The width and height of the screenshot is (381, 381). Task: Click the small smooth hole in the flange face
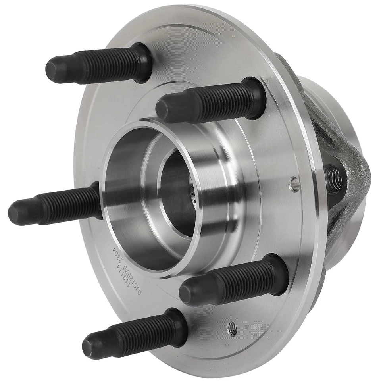tap(294, 184)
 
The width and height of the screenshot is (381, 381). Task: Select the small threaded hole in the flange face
tap(232, 328)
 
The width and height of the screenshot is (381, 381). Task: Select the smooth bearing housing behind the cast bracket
tap(341, 107)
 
